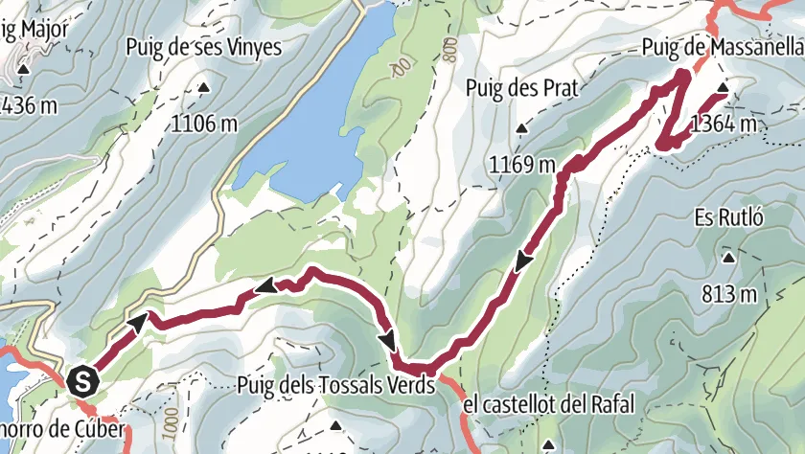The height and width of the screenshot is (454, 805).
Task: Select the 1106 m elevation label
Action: point(205,123)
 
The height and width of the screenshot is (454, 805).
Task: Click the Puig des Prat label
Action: point(520,88)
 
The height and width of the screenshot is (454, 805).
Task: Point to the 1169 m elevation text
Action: point(522,165)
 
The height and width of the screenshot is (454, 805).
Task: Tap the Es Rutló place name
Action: point(726,216)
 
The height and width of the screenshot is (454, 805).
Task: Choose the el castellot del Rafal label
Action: point(548,406)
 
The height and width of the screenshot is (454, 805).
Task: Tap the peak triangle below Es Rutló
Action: point(728,258)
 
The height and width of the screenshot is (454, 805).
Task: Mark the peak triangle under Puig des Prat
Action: point(521,129)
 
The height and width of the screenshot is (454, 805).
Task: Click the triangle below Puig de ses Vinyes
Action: point(203,88)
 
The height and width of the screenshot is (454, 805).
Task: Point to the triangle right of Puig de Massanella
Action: point(724,89)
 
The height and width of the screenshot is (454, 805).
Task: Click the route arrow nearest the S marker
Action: point(138,320)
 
